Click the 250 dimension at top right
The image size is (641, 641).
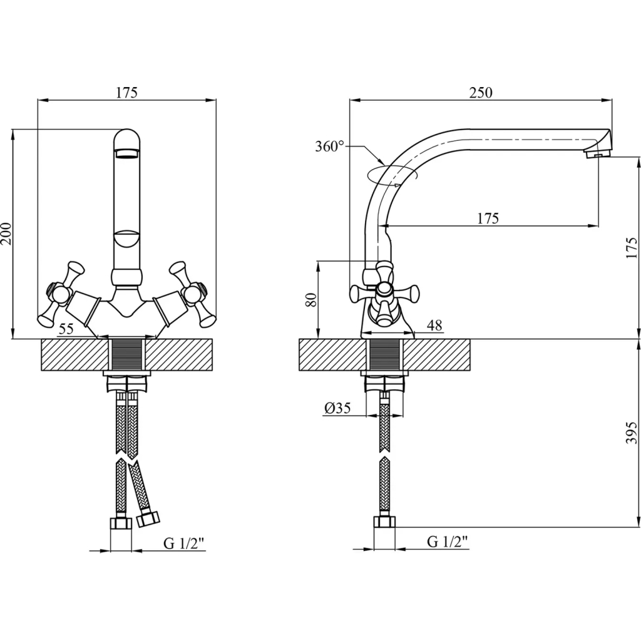coord(481,93)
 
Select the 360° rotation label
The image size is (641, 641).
coord(329,147)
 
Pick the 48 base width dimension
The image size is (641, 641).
coord(434,326)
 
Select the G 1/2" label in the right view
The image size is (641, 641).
coord(448,542)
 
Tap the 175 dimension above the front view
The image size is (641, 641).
coord(126,93)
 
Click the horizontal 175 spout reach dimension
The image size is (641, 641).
coord(488,218)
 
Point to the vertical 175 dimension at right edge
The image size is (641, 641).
coord(632,248)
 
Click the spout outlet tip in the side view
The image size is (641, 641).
coord(598,152)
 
